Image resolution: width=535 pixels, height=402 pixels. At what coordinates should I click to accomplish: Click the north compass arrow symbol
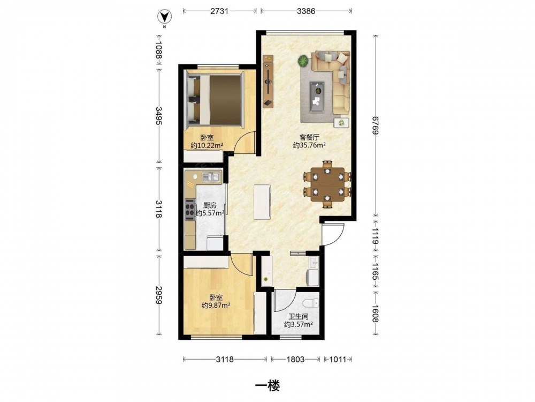(164, 17)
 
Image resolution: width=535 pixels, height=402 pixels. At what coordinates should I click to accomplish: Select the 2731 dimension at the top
(219, 11)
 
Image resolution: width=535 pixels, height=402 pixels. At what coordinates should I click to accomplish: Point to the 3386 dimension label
(306, 11)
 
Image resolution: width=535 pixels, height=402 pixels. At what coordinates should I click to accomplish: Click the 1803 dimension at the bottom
(295, 359)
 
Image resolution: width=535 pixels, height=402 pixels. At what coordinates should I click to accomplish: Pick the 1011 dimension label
(338, 359)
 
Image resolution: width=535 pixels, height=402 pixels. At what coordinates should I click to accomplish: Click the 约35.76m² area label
(309, 145)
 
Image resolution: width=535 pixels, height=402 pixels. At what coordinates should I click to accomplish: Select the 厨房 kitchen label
(210, 205)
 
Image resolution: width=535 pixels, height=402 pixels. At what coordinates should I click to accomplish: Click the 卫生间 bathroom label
(299, 317)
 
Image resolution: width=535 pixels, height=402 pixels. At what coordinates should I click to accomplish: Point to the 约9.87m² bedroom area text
(216, 306)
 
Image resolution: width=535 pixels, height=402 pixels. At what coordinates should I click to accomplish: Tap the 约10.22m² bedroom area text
(207, 146)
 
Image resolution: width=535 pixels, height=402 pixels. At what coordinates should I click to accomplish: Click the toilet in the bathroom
(311, 302)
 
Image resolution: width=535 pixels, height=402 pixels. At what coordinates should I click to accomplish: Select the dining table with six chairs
(327, 184)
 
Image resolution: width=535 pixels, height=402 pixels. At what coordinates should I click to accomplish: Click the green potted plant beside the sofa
(303, 61)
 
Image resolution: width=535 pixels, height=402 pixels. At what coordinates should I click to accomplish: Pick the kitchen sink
(210, 177)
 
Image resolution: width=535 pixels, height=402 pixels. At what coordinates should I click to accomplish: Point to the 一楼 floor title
(268, 386)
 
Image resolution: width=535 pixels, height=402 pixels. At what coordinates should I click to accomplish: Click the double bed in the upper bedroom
(214, 100)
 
